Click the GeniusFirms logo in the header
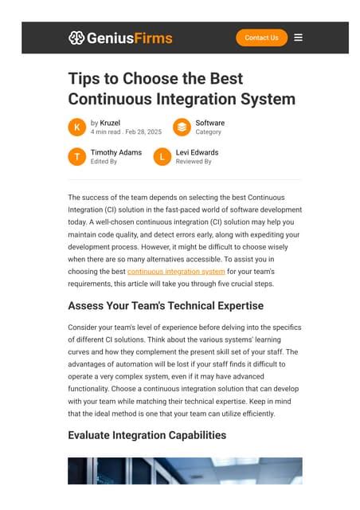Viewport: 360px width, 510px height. (120, 37)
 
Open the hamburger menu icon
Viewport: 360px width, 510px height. (298, 37)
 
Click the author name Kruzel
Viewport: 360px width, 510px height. (110, 123)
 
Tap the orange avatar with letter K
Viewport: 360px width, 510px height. (77, 127)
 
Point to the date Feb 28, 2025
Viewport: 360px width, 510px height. (143, 132)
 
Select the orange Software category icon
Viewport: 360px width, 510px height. (182, 127)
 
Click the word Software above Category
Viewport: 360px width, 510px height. (209, 123)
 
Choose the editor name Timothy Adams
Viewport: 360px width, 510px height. (116, 152)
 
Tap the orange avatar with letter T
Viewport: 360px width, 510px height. (77, 157)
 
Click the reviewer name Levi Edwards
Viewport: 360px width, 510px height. (197, 152)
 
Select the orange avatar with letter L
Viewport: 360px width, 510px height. (162, 157)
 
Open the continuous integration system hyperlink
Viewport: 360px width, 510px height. (176, 272)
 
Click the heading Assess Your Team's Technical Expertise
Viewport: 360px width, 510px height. (166, 305)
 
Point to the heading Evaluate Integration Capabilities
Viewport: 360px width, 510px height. (147, 435)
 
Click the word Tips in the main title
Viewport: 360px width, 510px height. (84, 79)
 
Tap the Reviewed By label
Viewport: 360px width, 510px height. (194, 162)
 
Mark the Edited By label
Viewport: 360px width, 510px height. (104, 162)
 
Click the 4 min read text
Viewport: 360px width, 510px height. (106, 132)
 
